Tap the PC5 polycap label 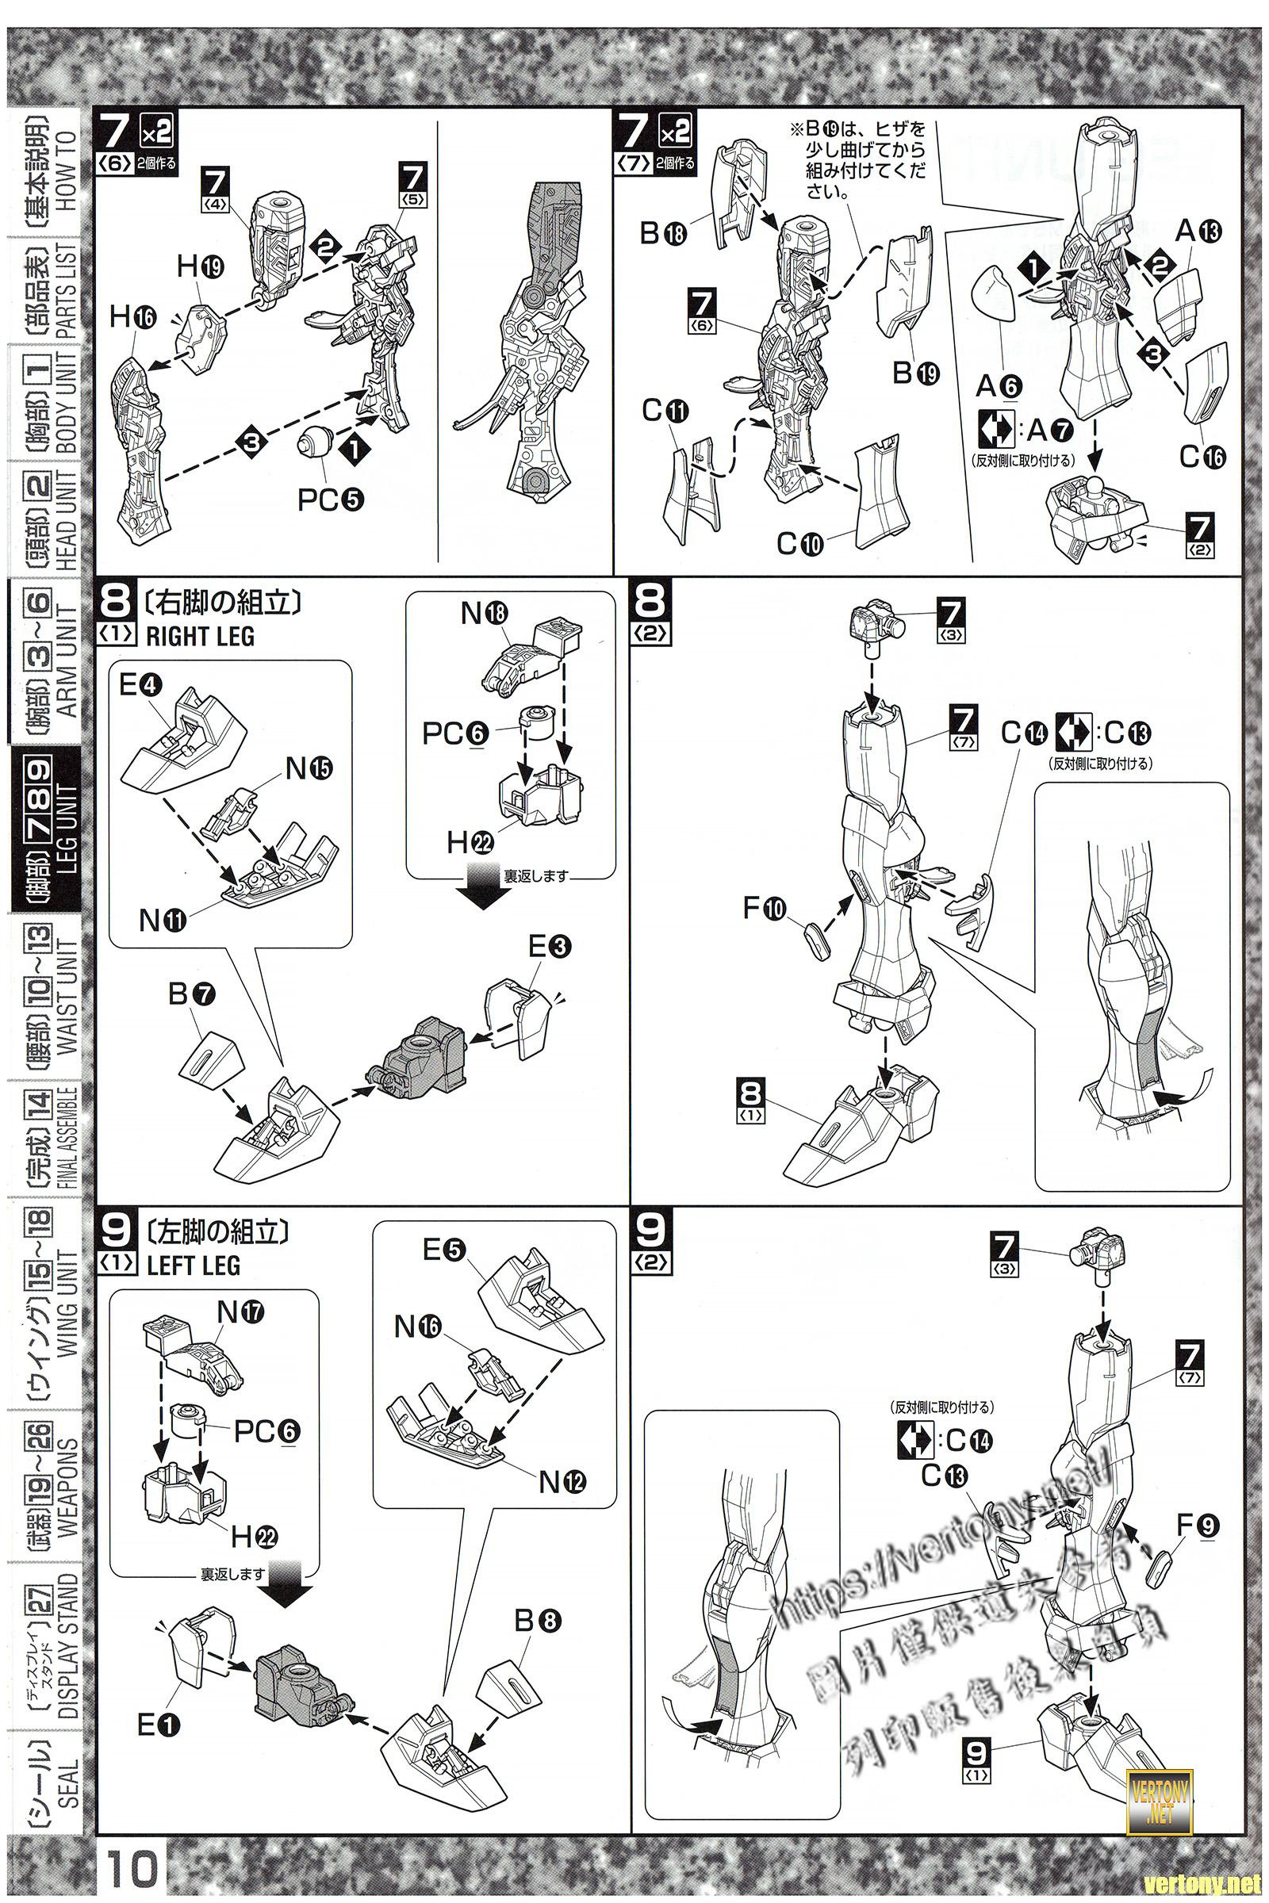coord(330,500)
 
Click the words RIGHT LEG coord(200,637)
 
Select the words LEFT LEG coord(194,1265)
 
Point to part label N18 coord(484,614)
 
